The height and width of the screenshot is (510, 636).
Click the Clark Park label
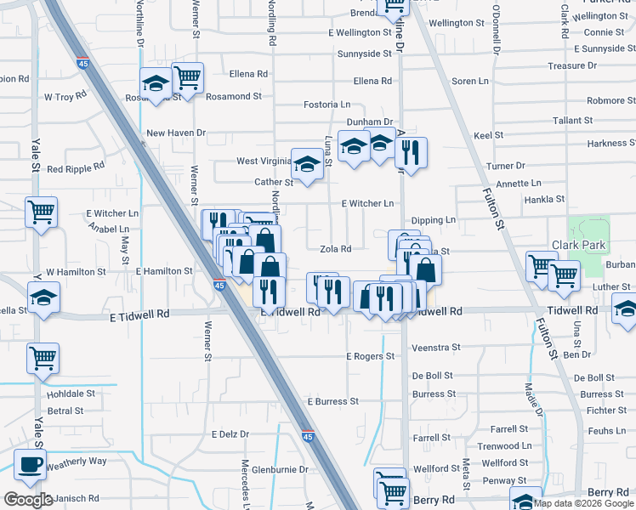click(x=578, y=245)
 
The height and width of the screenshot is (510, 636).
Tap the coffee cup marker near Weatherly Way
click(x=31, y=465)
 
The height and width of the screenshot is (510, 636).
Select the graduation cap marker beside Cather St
click(x=307, y=163)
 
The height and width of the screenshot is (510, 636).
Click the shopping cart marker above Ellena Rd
click(x=187, y=77)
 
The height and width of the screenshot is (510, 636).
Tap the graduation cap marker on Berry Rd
click(x=525, y=500)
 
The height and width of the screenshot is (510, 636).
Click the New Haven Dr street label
click(x=176, y=133)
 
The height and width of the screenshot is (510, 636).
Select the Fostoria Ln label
click(x=327, y=105)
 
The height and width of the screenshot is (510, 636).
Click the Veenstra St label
click(x=435, y=348)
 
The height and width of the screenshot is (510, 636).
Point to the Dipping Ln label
click(x=434, y=220)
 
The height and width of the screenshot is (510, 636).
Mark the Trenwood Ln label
click(x=504, y=446)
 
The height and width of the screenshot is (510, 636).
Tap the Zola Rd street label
click(x=335, y=249)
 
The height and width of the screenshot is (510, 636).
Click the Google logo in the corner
click(x=27, y=500)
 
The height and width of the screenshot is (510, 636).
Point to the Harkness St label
click(x=606, y=144)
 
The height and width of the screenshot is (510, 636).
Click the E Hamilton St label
click(x=164, y=271)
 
